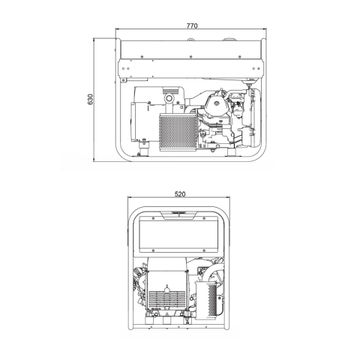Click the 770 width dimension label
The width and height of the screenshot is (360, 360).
pyautogui.click(x=192, y=25)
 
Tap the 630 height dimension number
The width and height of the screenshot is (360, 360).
pyautogui.click(x=90, y=99)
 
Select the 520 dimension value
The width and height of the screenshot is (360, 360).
pyautogui.click(x=180, y=194)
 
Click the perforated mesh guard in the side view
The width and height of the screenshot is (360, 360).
pyautogui.click(x=178, y=133)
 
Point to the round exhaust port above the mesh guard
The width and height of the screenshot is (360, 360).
pyautogui.click(x=169, y=97)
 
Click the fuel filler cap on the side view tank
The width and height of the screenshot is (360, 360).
pyautogui.click(x=229, y=39)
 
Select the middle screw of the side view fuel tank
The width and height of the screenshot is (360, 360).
pyautogui.click(x=190, y=57)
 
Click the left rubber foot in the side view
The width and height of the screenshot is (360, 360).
pyautogui.click(x=144, y=152)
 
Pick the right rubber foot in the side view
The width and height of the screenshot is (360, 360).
pyautogui.click(x=232, y=152)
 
